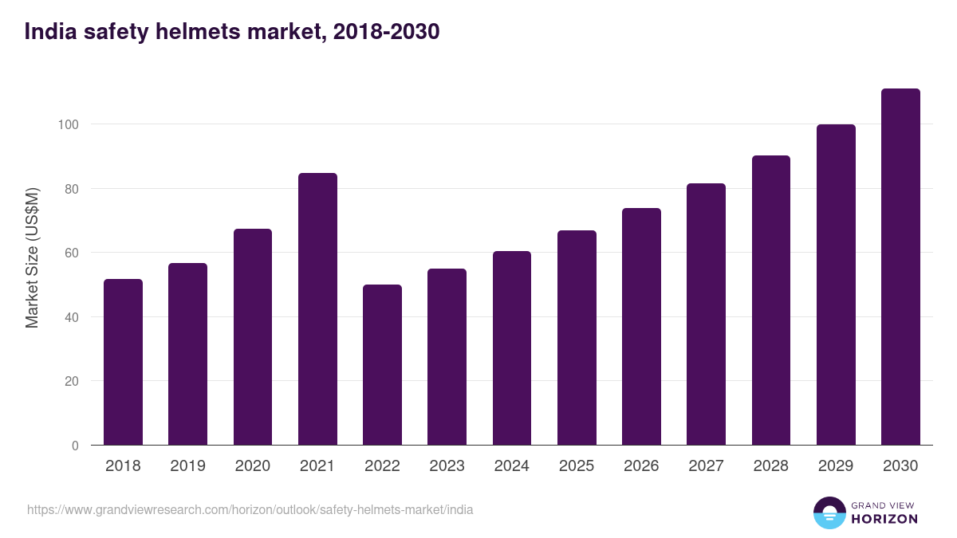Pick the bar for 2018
point(123,363)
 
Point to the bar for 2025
point(577,338)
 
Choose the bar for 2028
point(770,300)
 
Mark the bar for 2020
point(253,337)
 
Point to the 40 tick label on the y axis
point(71,317)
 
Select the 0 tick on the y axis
point(75,446)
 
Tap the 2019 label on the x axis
point(187,466)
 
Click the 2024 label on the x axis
point(511,466)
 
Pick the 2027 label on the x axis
point(706,466)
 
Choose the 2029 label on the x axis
point(836,466)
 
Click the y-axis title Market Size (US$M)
point(32,257)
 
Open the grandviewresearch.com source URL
point(250,509)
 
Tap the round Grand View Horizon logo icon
point(829,512)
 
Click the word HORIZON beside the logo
point(884,519)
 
